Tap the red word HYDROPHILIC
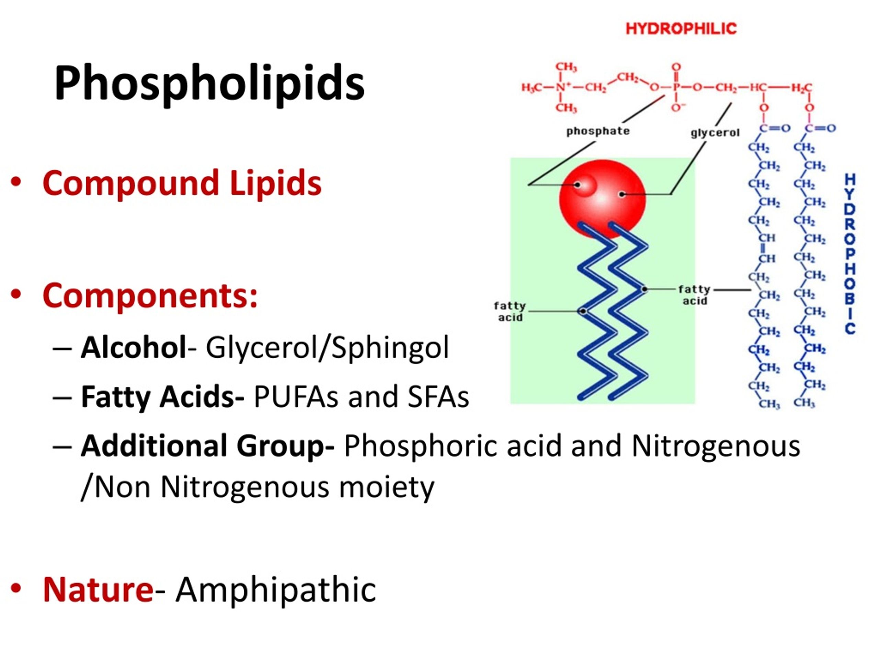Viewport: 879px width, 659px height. (681, 28)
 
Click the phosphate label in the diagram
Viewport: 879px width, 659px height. (598, 131)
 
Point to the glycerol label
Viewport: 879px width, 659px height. (715, 133)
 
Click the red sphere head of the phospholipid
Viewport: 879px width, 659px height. (603, 199)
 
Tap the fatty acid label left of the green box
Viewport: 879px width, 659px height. (510, 312)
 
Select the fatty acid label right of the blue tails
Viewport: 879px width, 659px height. (694, 295)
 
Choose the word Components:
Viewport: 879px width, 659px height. (150, 296)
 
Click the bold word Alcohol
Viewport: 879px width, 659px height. (133, 347)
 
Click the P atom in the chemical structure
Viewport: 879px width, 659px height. (676, 87)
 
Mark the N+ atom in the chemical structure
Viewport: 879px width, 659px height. (561, 87)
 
